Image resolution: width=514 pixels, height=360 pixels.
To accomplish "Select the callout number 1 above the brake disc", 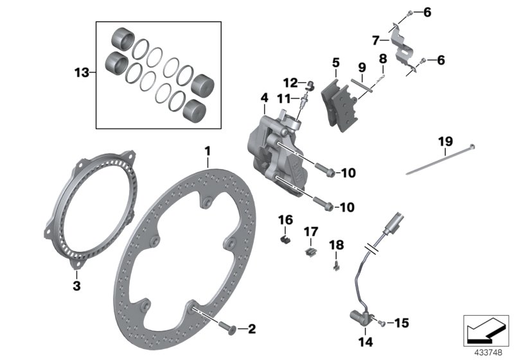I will pyautogui.click(x=208, y=150).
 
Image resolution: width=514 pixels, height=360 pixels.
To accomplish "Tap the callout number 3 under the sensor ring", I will pyautogui.click(x=76, y=286).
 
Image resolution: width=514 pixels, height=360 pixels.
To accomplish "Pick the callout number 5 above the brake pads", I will pyautogui.click(x=335, y=63).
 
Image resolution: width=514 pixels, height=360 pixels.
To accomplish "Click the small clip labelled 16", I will pyautogui.click(x=285, y=239).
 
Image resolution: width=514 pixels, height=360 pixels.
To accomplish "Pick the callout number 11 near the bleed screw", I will pyautogui.click(x=284, y=98).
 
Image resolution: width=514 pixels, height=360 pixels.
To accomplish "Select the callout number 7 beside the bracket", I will pyautogui.click(x=376, y=41).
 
